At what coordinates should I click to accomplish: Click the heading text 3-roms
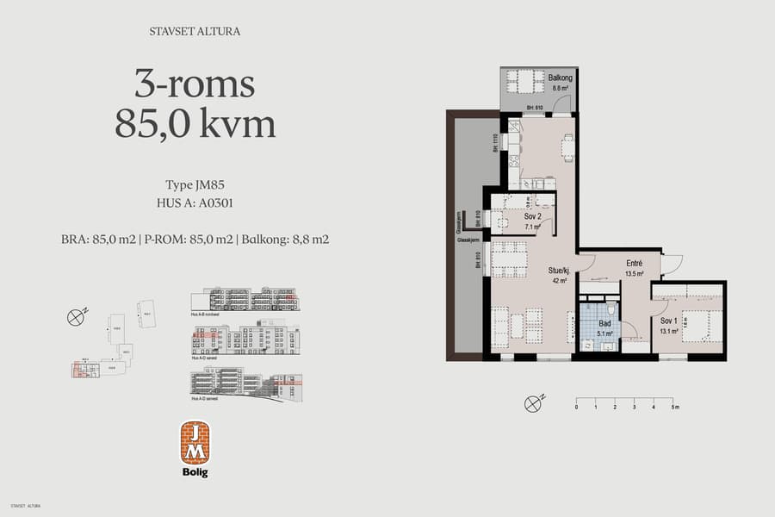coord(195,84)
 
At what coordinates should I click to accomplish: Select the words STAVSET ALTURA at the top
coord(195,32)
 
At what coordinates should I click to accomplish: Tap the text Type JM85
coord(195,185)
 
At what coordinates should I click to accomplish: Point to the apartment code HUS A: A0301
coord(195,204)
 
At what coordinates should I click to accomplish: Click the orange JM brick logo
coord(195,442)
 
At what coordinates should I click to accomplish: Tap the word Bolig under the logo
coord(195,472)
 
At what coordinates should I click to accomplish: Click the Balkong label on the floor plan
coord(560,78)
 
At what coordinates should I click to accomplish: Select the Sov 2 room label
coord(533,218)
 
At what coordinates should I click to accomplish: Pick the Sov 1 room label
coord(669,321)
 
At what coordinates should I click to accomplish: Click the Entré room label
coord(635,264)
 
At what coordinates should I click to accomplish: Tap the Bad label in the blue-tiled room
coord(605,323)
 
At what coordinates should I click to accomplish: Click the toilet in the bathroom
coord(610,311)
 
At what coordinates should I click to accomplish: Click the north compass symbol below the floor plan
coord(536,402)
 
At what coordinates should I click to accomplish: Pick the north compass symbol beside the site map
coord(77,316)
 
